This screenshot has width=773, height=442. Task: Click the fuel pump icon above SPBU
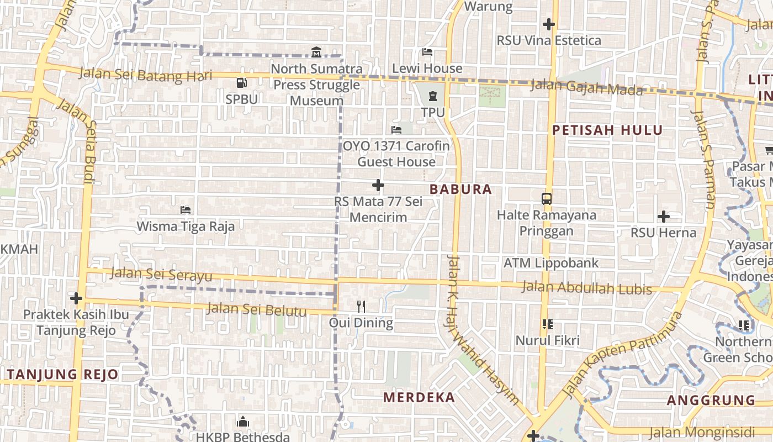tap(241, 83)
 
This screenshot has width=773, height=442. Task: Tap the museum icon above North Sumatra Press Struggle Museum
tap(316, 52)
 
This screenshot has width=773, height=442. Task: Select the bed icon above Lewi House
tap(427, 52)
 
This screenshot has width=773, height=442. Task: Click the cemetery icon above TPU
tap(432, 96)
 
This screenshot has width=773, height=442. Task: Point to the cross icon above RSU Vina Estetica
tap(548, 24)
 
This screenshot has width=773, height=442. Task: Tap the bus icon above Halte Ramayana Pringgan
tap(547, 198)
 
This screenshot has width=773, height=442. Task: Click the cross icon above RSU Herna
tap(664, 217)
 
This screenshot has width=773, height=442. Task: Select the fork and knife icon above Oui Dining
tap(361, 306)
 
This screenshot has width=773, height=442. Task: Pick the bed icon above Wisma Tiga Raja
tap(186, 210)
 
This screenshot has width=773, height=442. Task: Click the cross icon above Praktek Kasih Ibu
tap(76, 298)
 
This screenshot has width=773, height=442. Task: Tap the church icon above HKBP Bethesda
tap(243, 422)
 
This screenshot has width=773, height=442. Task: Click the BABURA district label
tap(460, 190)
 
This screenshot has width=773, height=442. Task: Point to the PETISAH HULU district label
tap(607, 130)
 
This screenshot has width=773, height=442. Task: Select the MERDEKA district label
tap(419, 397)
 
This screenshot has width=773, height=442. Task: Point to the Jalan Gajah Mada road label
tap(587, 87)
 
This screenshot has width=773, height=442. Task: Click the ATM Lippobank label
tap(551, 263)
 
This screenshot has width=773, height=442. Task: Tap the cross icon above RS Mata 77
tap(378, 185)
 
